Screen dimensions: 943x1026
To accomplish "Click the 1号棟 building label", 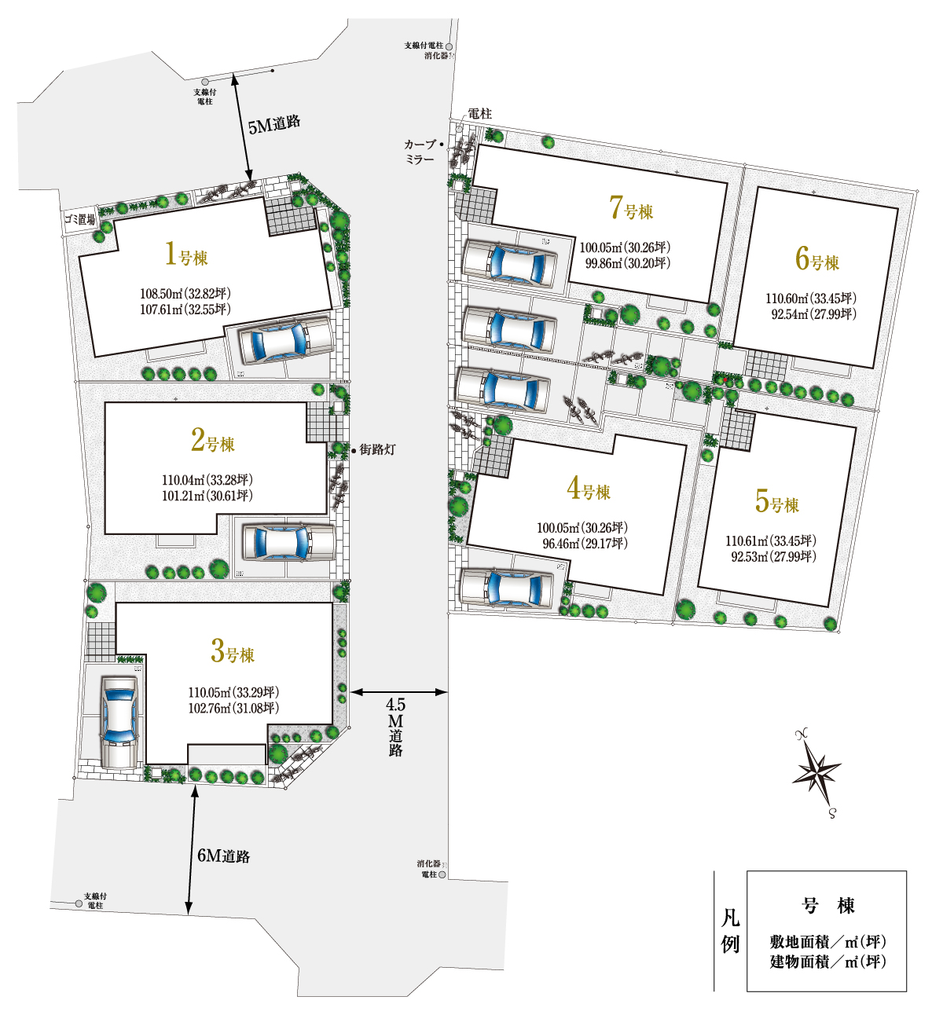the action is [x=186, y=255].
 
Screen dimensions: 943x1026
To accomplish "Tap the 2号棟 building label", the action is [x=213, y=441].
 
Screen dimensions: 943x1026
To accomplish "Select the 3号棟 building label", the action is [x=233, y=651].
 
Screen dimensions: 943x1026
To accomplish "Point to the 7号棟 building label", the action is [x=631, y=208].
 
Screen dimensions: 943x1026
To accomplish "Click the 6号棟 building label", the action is [x=817, y=259].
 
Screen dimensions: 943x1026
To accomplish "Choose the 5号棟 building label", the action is [x=776, y=502].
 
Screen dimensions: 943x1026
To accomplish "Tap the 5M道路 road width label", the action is [x=274, y=125].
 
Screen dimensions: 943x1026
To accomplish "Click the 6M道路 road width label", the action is [x=224, y=856].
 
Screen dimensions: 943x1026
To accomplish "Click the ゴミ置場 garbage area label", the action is [x=80, y=221].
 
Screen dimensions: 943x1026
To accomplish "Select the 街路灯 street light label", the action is [x=377, y=449].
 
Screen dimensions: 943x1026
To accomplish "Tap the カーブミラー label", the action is [x=420, y=152].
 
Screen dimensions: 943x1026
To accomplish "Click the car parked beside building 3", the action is [x=119, y=722].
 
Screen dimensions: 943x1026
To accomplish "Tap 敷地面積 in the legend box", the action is [x=799, y=942].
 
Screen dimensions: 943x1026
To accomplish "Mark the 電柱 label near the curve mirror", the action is [x=479, y=114].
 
